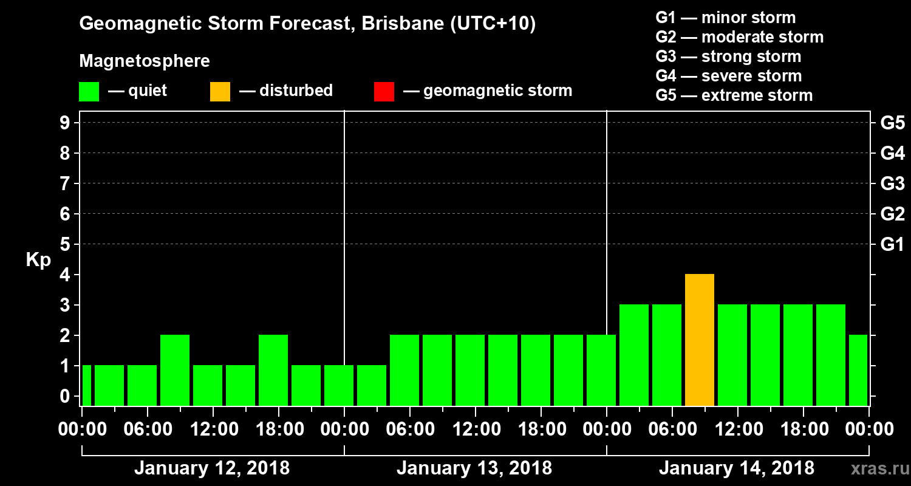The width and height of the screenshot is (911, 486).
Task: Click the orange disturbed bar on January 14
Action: pos(699,340)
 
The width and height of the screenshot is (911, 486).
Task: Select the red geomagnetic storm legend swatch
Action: pos(384,92)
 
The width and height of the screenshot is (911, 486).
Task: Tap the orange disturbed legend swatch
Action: pos(220,92)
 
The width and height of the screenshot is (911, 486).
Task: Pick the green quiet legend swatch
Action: pos(89,92)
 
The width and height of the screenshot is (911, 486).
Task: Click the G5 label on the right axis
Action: pos(892,123)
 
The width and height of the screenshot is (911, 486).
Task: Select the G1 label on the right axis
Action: pos(892,245)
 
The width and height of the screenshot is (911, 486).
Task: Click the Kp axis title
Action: pos(38,260)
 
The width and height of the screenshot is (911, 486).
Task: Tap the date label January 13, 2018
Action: pos(474,468)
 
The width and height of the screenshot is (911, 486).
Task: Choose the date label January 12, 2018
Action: pos(212,468)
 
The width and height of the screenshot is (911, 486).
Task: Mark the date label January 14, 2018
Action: pos(737,468)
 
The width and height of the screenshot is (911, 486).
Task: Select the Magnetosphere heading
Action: pos(145,61)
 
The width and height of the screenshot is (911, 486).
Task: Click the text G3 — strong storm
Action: pos(728,56)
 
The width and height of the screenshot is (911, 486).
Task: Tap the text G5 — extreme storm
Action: pos(734,95)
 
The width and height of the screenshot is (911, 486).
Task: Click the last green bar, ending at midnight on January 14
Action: pos(858,370)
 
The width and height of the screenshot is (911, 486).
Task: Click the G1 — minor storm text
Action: pos(725,18)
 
